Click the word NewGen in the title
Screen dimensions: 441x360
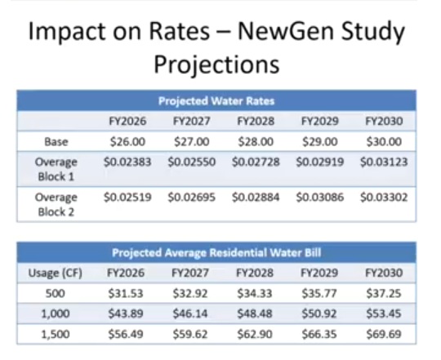[x=287, y=31]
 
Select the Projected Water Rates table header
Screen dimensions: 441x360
[x=216, y=101]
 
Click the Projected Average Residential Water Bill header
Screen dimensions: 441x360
[x=216, y=253]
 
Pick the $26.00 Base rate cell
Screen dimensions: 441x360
[x=127, y=142]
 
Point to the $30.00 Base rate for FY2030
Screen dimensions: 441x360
[x=384, y=142]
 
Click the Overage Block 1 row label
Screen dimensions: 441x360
[x=56, y=169]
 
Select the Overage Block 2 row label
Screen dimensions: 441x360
[x=56, y=205]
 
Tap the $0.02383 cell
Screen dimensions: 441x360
[x=127, y=162]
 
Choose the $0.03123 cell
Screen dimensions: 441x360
[x=384, y=162]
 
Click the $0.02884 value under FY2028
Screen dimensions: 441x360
[x=256, y=198]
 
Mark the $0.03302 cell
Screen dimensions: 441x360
[x=384, y=198]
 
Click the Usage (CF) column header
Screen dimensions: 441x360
[x=56, y=273]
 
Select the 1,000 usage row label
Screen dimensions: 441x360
[x=56, y=313]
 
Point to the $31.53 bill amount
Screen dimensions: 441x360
[x=126, y=294]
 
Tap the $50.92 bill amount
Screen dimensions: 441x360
[x=319, y=313]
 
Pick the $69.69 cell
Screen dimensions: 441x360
[x=384, y=335]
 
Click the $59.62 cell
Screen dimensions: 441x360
[x=190, y=335]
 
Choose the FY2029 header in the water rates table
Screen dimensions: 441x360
[x=320, y=122]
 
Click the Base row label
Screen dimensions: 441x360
[x=56, y=142]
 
